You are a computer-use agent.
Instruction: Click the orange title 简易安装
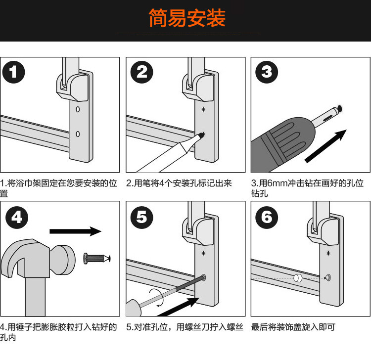point(187,18)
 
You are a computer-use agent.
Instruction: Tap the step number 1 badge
point(13,72)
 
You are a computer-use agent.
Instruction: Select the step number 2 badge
point(142,72)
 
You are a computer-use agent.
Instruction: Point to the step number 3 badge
point(267,72)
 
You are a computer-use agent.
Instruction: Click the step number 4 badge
point(16,218)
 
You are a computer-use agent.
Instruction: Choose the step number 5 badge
point(142,218)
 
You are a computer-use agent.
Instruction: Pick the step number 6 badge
point(267,218)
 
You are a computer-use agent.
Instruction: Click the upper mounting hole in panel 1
point(78,109)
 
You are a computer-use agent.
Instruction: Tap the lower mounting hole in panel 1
point(78,134)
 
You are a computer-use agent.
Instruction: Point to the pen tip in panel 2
point(202,135)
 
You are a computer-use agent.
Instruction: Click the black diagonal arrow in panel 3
point(325,146)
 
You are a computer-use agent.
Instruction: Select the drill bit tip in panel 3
point(340,109)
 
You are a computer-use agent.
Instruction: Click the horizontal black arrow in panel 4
point(76,231)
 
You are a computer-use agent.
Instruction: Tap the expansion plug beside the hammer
point(97,258)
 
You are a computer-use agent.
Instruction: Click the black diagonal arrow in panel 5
point(178,307)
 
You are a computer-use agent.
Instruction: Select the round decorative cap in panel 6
point(298,278)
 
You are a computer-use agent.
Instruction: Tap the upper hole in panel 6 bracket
point(328,253)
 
